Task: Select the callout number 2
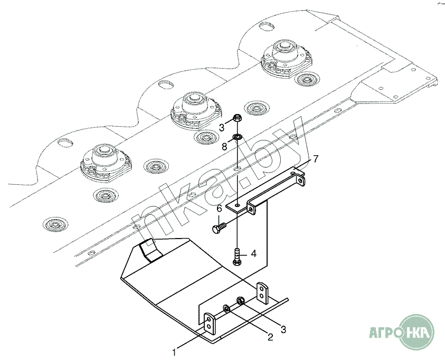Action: pos(270,337)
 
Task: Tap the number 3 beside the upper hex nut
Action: pos(222,127)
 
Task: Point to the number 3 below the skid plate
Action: pos(283,329)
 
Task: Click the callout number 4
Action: pos(253,254)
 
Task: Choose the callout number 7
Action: pos(315,158)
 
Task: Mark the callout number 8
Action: pos(224,146)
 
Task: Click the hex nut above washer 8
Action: pos(238,118)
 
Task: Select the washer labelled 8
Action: pos(238,138)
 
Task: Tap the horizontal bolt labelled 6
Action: pos(218,228)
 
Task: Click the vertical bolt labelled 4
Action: pos(237,255)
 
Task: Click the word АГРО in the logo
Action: pos(383,333)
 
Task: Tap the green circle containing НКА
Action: pos(417,332)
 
